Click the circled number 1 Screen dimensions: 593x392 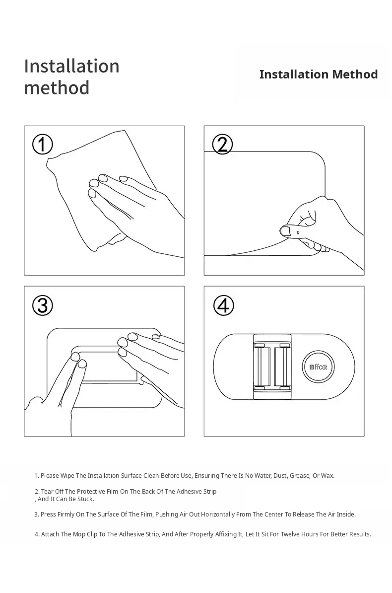tap(42, 145)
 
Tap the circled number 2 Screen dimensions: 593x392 tap(222, 145)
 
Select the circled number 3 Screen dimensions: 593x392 tap(42, 305)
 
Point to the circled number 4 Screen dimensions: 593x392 tap(223, 305)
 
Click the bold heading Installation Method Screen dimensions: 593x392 tap(318, 74)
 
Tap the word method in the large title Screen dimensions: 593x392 tap(57, 88)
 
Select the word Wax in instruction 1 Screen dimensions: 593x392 tap(327, 475)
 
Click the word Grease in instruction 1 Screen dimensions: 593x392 tap(299, 475)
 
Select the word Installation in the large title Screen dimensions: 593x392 tap(71, 66)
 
